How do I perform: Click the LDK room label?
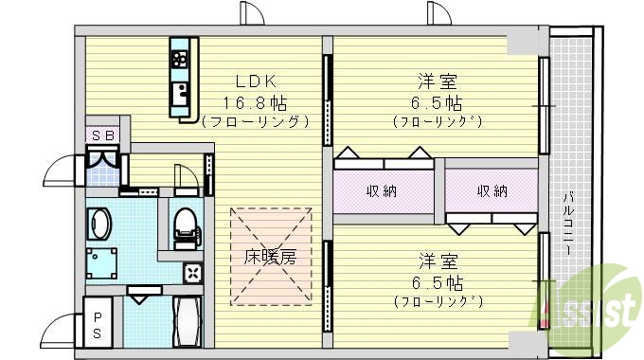(256, 82)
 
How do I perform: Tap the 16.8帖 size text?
(256, 102)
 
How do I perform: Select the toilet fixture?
(186, 225)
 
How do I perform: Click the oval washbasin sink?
(99, 225)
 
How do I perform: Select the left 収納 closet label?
(383, 191)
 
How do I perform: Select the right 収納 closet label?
(492, 191)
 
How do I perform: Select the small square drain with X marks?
(193, 274)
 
